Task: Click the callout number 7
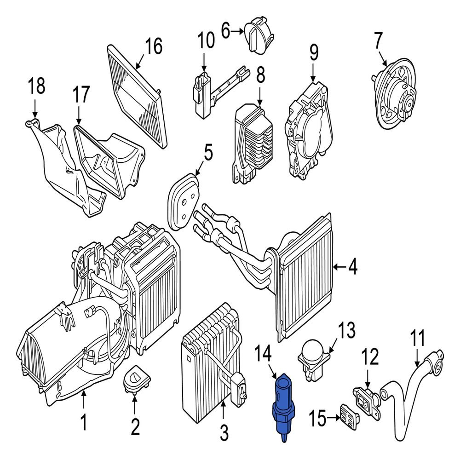[377, 41]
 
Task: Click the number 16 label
[154, 46]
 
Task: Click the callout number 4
[352, 267]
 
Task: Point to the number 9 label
[313, 53]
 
